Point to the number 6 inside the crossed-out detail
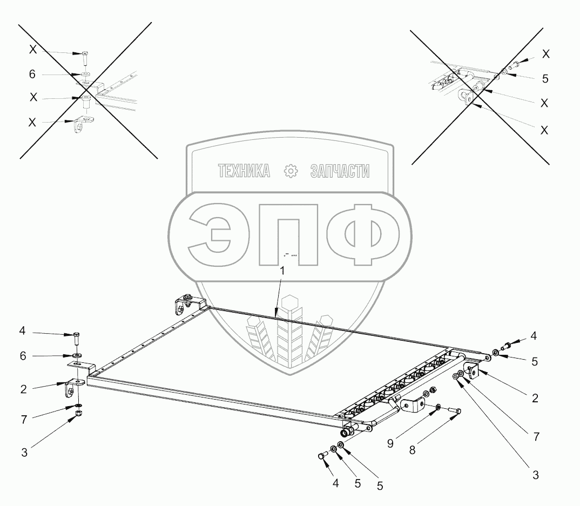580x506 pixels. tap(32, 73)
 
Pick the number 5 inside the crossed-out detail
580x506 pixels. tap(545, 79)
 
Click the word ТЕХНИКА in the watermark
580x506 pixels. tap(244, 171)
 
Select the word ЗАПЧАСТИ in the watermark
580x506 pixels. tap(340, 171)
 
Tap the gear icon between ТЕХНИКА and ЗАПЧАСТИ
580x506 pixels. tap(291, 171)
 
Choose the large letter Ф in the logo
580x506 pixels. tap(360, 234)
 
